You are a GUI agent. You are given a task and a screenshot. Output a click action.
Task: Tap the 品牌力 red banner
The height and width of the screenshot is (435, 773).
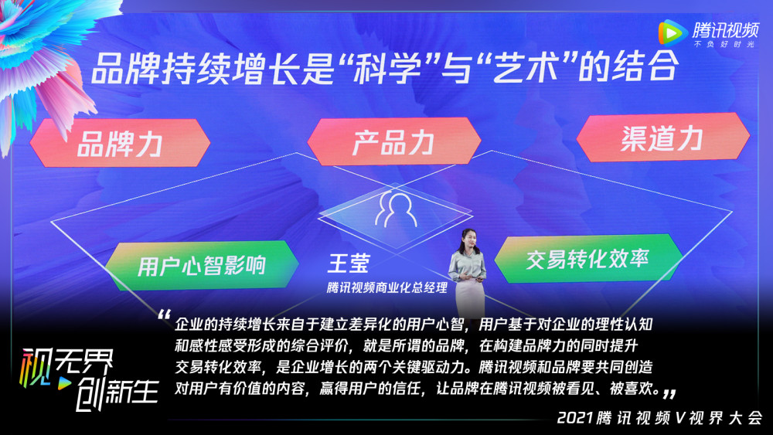click(x=120, y=144)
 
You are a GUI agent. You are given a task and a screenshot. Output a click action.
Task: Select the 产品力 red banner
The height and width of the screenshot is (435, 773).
click(x=393, y=141)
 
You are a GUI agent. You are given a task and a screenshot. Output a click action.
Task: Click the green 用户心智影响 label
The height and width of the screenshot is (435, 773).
click(x=202, y=265)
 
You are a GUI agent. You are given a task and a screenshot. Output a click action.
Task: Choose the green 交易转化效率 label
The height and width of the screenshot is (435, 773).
click(x=587, y=258)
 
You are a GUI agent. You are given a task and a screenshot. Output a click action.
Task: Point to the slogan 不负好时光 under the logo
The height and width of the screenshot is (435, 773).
click(x=725, y=45)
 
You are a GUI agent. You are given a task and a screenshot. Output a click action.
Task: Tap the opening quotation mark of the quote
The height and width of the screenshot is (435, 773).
click(x=164, y=315)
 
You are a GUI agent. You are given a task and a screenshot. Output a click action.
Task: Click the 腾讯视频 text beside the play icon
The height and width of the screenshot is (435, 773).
click(x=725, y=29)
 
